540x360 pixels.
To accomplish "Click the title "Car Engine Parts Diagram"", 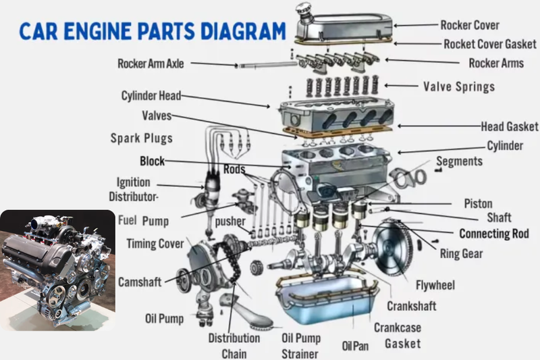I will coord(153,31).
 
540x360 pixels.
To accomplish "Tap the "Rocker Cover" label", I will coord(470,25).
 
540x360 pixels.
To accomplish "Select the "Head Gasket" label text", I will coord(509,126).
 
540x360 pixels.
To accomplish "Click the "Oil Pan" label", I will coord(355,346).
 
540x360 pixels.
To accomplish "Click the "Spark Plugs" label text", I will coord(141,138).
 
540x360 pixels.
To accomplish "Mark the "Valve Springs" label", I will coord(459,86).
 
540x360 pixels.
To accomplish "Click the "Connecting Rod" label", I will coord(494,234).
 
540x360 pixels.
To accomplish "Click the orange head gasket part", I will coord(337,132).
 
